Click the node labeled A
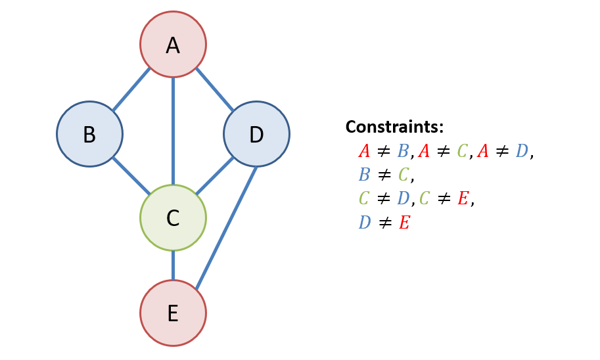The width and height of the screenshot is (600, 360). point(173,45)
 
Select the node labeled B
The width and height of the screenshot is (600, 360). point(89,134)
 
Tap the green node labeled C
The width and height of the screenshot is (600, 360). point(173,217)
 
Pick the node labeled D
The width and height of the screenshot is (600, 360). point(256,134)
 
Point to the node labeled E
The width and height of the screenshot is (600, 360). point(173,313)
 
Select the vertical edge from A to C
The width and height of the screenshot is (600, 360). point(173,131)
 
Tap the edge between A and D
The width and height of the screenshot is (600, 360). point(215,89)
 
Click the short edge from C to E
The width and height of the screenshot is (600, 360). point(173,265)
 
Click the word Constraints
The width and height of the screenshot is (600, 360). point(394,127)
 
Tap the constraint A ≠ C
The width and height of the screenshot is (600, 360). point(443,151)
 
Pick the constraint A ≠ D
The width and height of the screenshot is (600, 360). point(503,151)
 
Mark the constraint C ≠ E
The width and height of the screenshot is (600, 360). point(444,198)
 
